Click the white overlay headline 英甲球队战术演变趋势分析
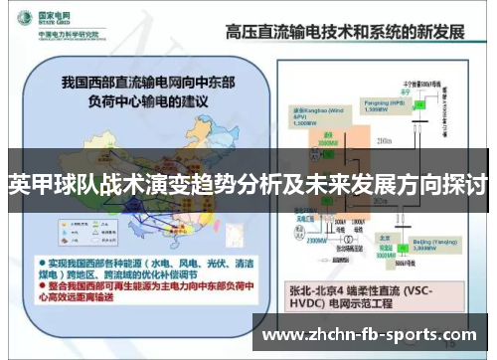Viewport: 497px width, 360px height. click(248, 184)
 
